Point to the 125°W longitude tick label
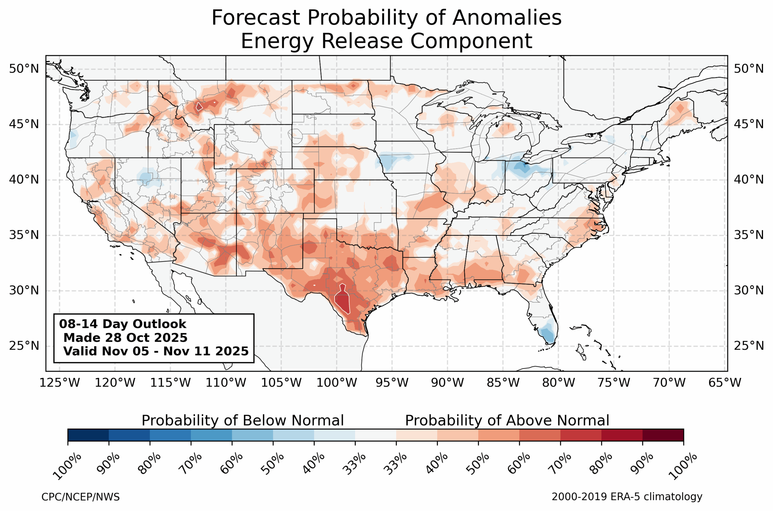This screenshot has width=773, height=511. (x=60, y=383)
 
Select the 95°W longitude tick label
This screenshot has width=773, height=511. (x=392, y=383)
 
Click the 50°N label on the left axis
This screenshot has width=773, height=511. (x=24, y=69)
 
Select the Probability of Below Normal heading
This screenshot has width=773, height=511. (x=242, y=421)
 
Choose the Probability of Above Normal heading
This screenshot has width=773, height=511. (x=507, y=421)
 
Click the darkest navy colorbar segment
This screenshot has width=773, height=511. (x=88, y=435)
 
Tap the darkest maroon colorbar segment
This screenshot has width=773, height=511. (x=663, y=435)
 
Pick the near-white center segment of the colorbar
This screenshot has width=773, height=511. (x=376, y=435)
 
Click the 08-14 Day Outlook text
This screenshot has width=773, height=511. (x=123, y=324)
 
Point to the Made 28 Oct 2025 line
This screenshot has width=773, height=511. (x=125, y=338)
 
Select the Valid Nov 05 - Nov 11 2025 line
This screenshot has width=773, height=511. (x=156, y=351)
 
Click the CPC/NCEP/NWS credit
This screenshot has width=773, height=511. (x=81, y=497)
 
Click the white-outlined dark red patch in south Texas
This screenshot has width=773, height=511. (x=343, y=300)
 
